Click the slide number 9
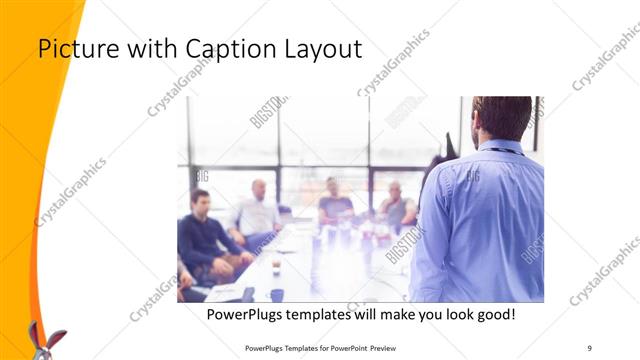coord(589,348)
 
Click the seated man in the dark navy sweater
coord(203,235)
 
